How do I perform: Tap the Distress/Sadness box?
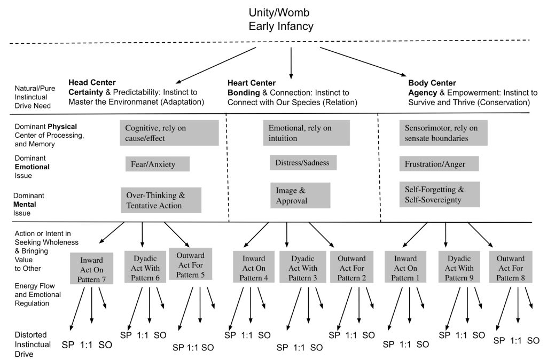point(302,162)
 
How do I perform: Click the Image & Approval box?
point(300,195)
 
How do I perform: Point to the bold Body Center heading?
point(432,83)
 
